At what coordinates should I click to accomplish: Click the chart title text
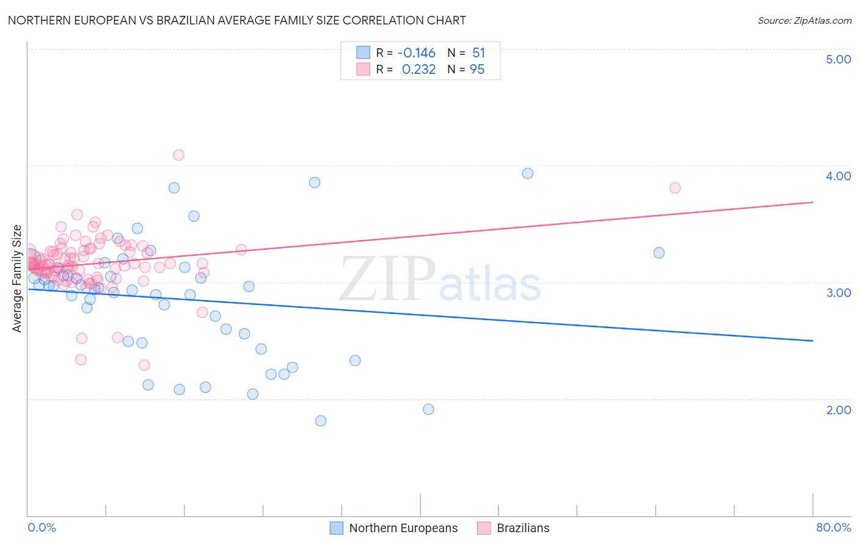(x=236, y=20)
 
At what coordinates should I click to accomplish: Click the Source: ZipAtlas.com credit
(x=804, y=20)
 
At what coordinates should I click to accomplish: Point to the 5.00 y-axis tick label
(x=838, y=59)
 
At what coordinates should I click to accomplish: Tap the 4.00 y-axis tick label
(x=838, y=176)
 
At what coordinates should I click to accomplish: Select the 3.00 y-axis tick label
(x=838, y=293)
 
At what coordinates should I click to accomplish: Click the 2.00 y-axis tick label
(x=838, y=410)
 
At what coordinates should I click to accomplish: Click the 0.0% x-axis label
(x=42, y=527)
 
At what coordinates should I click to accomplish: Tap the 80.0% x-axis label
(x=833, y=527)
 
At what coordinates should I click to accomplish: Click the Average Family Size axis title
(x=17, y=279)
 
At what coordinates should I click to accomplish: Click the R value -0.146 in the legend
(x=416, y=53)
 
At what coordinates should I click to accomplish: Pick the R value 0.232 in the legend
(x=419, y=70)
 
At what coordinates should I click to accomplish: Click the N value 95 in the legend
(x=477, y=70)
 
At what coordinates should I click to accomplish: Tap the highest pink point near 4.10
(x=178, y=155)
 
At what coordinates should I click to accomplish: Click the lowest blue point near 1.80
(x=321, y=421)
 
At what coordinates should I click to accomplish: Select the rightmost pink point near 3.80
(x=675, y=188)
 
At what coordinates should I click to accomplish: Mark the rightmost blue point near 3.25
(x=659, y=253)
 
